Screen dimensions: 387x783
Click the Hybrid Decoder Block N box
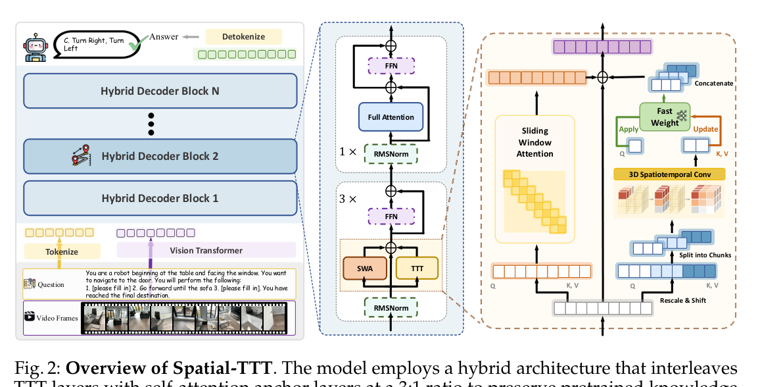coord(160,91)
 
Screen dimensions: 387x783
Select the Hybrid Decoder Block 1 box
coord(160,198)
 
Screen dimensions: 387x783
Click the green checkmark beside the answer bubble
coord(137,45)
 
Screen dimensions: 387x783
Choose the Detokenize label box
coord(243,37)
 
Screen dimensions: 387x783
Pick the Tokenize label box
coord(62,251)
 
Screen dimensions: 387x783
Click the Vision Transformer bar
coord(206,250)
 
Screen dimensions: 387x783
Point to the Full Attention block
coord(391,117)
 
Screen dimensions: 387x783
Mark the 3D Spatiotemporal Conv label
coord(669,174)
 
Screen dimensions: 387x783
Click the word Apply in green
coord(629,130)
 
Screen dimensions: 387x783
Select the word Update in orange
coord(706,130)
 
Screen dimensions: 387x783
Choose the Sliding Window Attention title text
coord(534,143)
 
